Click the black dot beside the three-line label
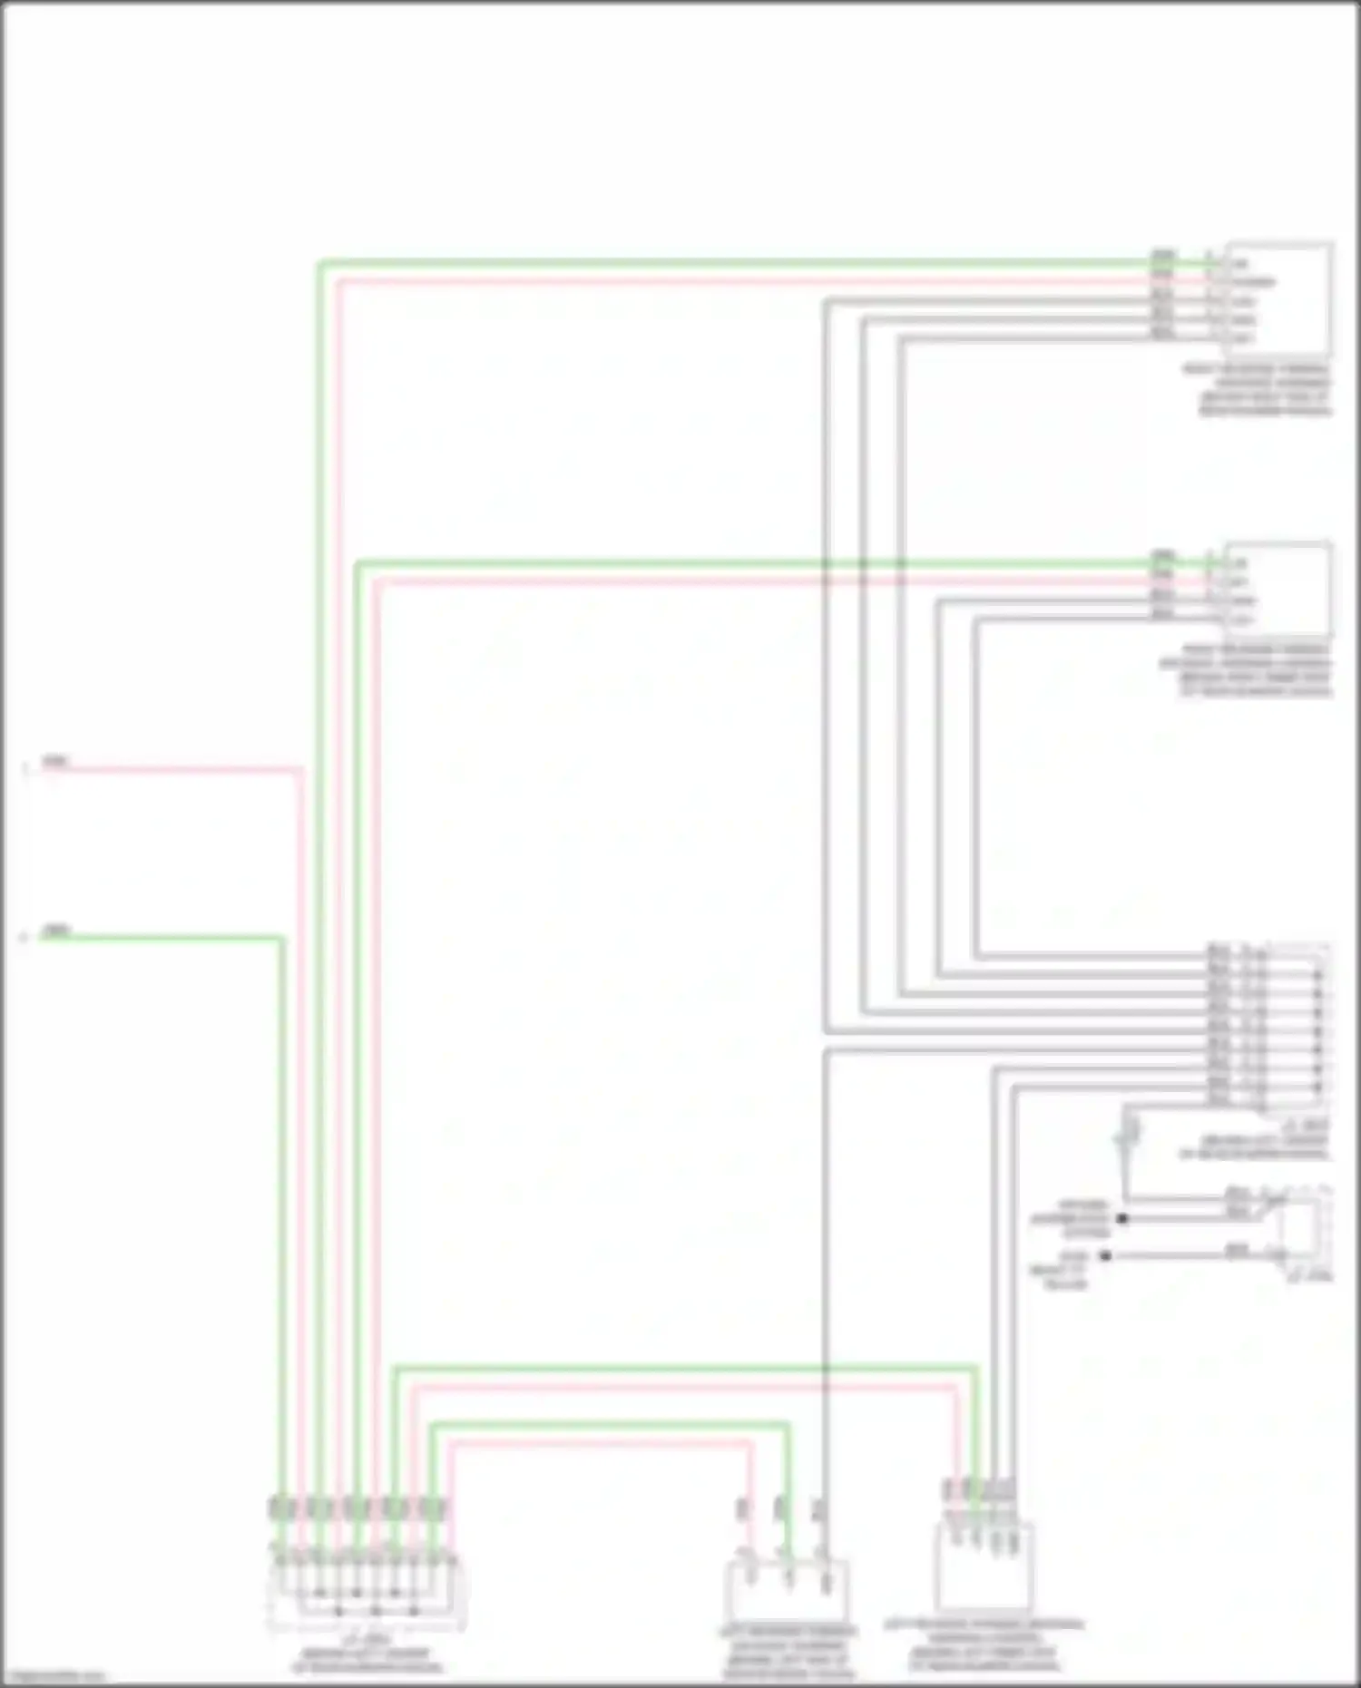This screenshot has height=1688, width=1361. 1122,1218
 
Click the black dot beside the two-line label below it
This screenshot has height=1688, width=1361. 1105,1256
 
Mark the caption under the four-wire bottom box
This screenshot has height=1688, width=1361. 984,1645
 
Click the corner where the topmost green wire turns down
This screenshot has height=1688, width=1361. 319,264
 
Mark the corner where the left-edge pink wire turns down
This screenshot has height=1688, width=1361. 300,771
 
